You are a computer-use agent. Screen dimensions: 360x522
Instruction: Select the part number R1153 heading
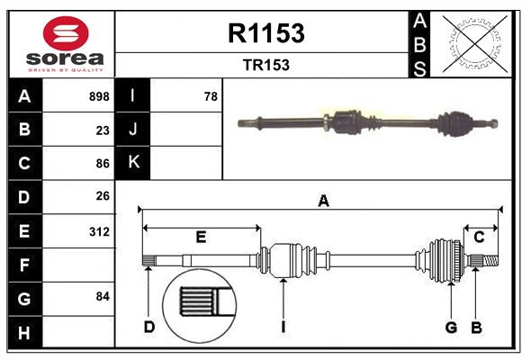(266, 33)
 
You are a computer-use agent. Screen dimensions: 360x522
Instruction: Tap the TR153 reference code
(266, 66)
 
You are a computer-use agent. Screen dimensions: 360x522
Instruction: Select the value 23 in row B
(102, 130)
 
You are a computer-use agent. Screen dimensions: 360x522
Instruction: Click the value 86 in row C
(102, 163)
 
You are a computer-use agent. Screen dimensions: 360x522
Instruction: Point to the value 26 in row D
(102, 196)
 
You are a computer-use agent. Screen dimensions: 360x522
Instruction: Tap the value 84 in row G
(102, 296)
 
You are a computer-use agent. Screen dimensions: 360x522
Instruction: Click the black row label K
(133, 163)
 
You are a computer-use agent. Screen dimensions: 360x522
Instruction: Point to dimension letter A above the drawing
(323, 202)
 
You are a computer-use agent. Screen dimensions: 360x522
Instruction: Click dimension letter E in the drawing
(201, 237)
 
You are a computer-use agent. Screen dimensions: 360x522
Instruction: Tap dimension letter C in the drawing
(479, 237)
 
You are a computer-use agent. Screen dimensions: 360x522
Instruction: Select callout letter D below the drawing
(149, 327)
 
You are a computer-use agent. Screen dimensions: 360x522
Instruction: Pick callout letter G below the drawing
(451, 327)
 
